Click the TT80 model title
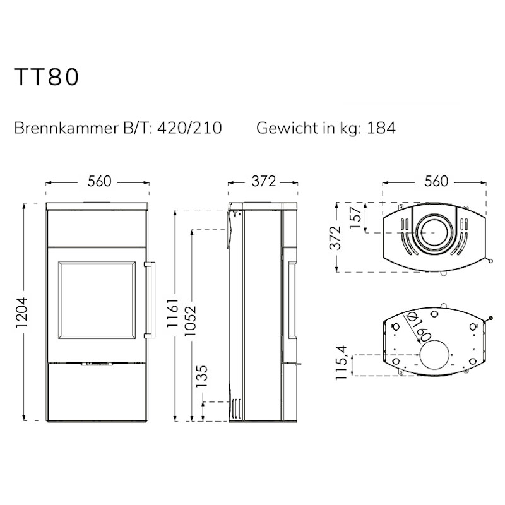click(47, 76)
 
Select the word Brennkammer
click(66, 128)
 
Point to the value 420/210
click(189, 128)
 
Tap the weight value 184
click(381, 128)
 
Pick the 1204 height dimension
click(21, 312)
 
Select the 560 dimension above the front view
click(99, 181)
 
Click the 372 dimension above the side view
click(263, 181)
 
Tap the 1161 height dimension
click(172, 312)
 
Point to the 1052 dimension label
click(190, 321)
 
